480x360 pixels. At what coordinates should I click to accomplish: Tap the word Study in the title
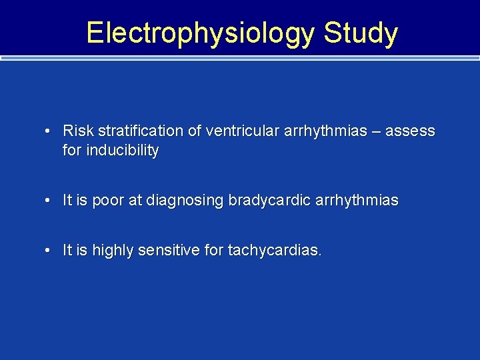tap(361, 33)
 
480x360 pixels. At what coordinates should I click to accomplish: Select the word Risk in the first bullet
tap(78, 131)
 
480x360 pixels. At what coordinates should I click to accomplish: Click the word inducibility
tap(121, 151)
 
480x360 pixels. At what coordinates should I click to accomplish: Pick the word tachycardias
tap(275, 250)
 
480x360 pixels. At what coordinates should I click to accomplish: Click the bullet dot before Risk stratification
tap(49, 131)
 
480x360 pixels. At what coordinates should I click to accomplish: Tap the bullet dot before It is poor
tap(49, 201)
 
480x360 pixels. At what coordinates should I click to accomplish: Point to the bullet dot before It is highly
tap(49, 251)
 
